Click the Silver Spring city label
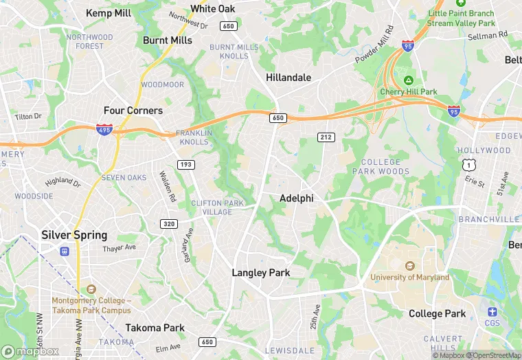(74, 235)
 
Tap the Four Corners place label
(133, 111)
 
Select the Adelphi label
(297, 199)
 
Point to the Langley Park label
(261, 273)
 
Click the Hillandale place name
(288, 78)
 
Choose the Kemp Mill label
(109, 13)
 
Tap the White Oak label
(213, 9)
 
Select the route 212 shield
(326, 138)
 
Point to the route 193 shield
(185, 164)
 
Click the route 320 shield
(169, 224)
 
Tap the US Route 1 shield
(468, 165)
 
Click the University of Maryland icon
(410, 266)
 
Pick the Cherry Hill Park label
(409, 92)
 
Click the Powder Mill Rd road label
(374, 45)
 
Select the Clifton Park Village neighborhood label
(217, 207)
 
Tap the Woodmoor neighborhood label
(163, 85)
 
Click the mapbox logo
(30, 351)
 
